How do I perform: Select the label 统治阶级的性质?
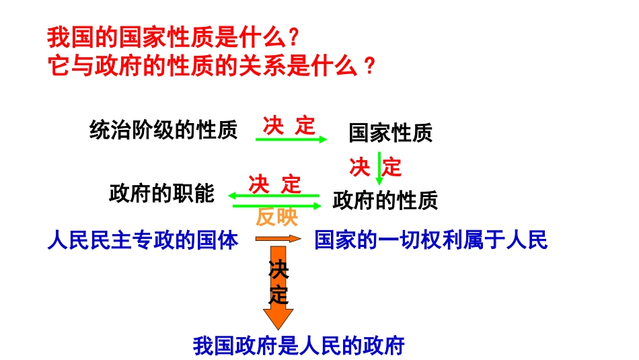(163, 130)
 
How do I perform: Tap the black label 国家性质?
(390, 133)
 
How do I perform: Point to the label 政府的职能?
(161, 194)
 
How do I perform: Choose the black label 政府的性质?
(385, 200)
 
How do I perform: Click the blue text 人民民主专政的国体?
(143, 240)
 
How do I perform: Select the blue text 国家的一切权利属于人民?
(431, 240)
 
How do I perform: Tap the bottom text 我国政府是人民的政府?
(299, 345)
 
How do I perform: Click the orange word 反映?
(276, 217)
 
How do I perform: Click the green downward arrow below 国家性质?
(379, 168)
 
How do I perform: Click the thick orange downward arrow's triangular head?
(278, 316)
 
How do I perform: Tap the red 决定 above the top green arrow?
(289, 125)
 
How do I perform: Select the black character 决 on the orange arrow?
(278, 271)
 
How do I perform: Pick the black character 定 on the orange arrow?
(278, 293)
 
